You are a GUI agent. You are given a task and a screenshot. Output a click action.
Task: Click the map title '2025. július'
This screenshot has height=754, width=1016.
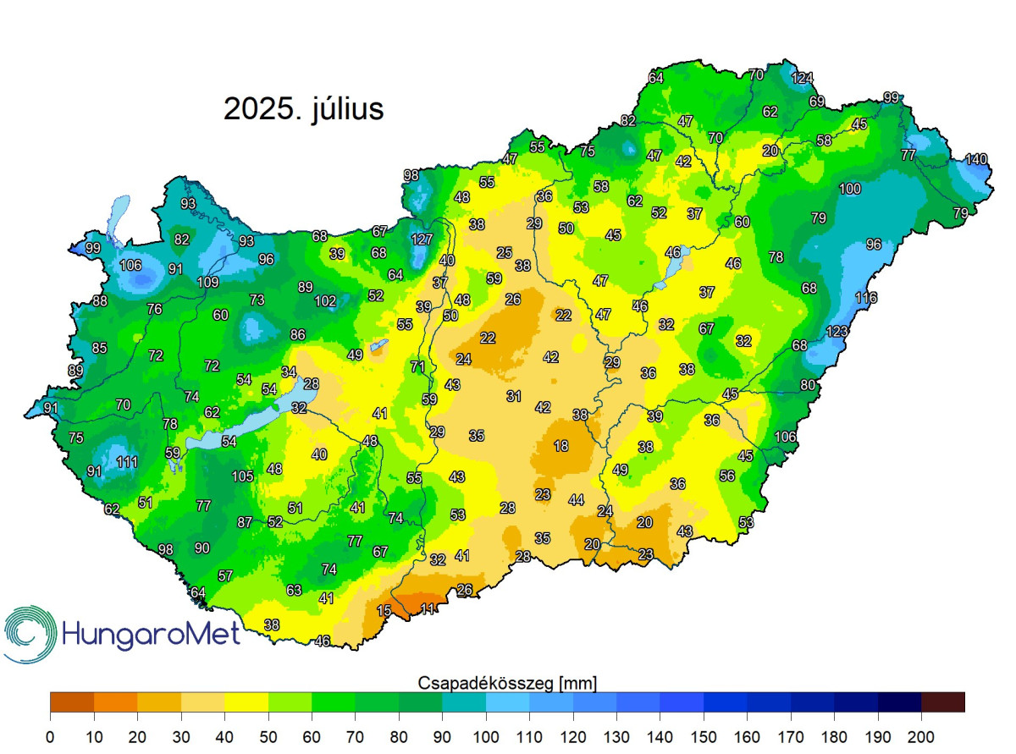pos(303,109)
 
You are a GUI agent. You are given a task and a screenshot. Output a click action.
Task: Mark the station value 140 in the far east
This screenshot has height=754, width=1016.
pos(976,159)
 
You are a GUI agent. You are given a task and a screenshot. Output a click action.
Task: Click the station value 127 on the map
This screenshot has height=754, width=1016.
pos(422,239)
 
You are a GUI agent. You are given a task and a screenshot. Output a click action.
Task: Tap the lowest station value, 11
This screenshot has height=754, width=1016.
pos(429,608)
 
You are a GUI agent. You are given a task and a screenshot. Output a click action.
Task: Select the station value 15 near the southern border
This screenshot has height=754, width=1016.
pos(384,611)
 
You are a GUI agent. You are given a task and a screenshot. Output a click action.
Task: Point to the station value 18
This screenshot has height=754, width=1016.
pos(561,446)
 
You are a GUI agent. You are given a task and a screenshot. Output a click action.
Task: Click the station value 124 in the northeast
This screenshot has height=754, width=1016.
pos(802,78)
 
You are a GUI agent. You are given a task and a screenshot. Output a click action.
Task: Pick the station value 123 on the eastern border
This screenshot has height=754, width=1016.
pos(837,331)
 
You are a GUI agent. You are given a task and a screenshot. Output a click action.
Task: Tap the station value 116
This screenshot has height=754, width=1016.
pos(866,297)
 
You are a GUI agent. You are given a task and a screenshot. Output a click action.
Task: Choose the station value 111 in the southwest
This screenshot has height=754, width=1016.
pos(128,462)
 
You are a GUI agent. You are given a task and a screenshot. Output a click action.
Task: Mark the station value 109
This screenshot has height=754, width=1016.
pos(207,282)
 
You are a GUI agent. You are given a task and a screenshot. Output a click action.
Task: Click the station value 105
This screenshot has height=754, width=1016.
pos(243,476)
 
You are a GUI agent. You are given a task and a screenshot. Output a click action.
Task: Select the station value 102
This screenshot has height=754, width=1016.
pos(325,300)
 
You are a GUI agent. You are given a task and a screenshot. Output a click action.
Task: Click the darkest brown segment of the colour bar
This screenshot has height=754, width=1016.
pos(942,702)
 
